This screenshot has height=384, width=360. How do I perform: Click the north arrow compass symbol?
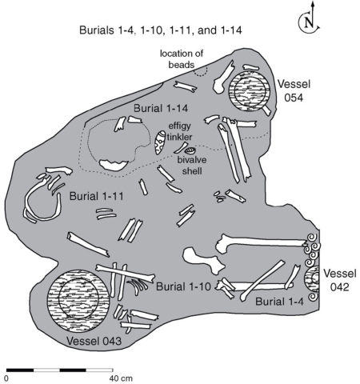(x=309, y=22)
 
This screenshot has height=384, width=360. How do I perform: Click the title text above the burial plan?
(x=161, y=30)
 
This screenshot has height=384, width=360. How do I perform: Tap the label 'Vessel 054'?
(x=294, y=91)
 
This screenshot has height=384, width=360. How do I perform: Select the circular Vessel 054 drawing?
(x=249, y=91)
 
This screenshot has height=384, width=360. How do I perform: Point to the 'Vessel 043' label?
(x=94, y=341)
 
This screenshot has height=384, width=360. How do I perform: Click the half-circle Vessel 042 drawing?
(x=313, y=279)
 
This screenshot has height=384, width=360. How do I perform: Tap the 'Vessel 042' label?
(x=340, y=280)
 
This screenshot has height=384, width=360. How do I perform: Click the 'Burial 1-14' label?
(x=161, y=109)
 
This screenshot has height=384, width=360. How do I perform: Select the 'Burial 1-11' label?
(x=97, y=197)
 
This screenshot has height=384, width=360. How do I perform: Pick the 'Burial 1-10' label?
(x=183, y=286)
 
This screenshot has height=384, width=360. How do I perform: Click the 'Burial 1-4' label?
(x=279, y=302)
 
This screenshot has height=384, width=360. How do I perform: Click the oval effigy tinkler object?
(x=160, y=142)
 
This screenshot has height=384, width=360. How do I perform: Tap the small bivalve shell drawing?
(x=190, y=151)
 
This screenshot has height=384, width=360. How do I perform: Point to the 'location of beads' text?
(x=182, y=59)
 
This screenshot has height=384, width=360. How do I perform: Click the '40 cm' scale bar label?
(x=121, y=378)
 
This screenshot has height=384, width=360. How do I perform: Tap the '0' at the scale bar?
(x=6, y=378)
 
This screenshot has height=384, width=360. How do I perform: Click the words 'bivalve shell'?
(x=192, y=166)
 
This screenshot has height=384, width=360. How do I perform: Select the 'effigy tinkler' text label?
(x=180, y=131)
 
